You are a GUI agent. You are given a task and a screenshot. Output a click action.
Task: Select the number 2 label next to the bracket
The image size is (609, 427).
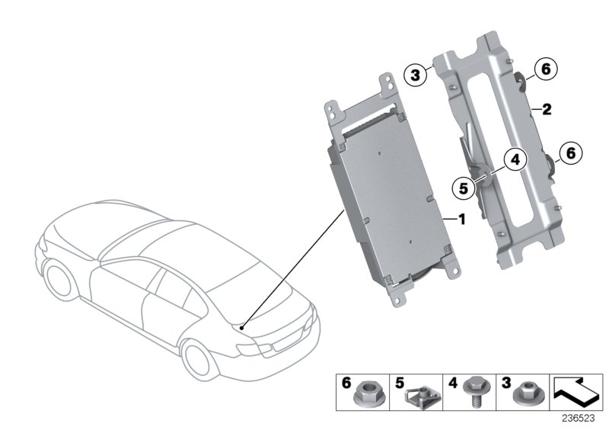(546, 110)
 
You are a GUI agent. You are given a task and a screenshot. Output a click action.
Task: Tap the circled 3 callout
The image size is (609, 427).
(415, 74)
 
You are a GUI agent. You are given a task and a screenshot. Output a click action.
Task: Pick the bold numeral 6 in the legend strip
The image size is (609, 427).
(347, 384)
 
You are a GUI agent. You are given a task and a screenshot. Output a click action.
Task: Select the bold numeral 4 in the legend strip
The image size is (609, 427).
(453, 384)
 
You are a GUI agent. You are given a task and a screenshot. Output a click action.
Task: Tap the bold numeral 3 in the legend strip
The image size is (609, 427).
(505, 384)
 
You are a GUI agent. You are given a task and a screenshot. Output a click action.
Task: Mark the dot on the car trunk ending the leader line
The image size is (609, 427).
(241, 326)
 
